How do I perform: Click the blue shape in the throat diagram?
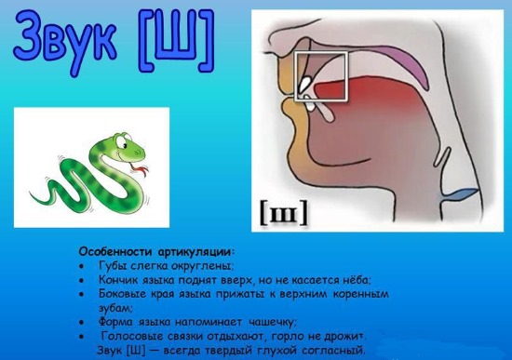(463, 195)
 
